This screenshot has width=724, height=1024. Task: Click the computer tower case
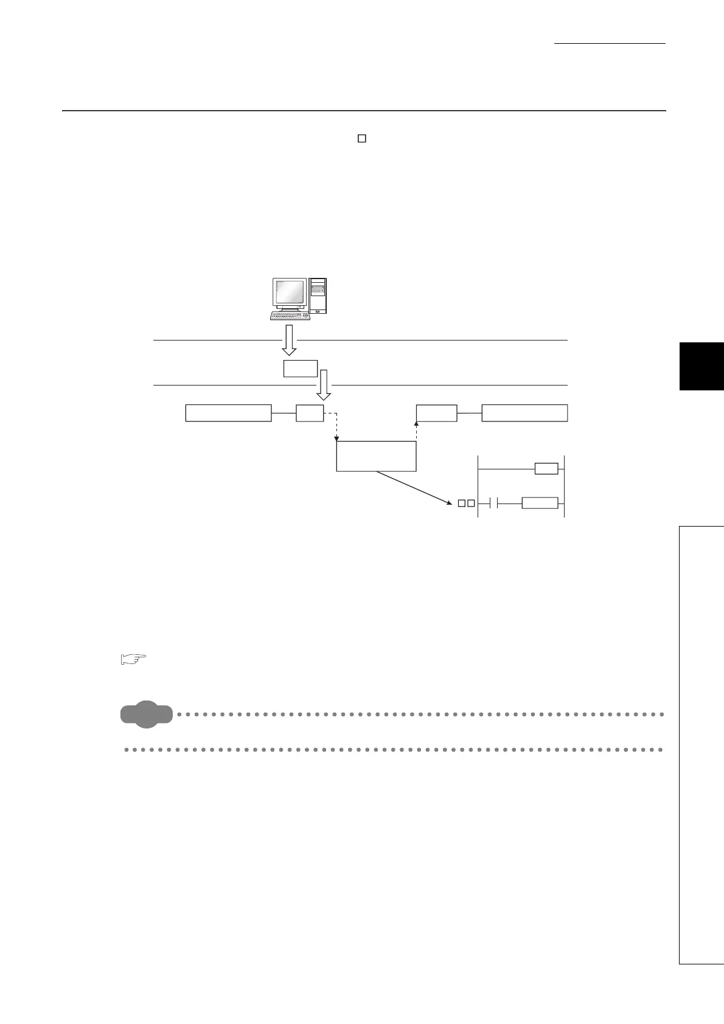click(318, 296)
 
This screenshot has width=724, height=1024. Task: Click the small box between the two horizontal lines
click(301, 368)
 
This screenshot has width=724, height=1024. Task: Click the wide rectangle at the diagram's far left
click(228, 413)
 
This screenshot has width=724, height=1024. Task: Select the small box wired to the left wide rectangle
click(310, 413)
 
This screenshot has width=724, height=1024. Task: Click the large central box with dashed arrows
click(376, 456)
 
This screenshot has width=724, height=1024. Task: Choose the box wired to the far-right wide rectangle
click(436, 413)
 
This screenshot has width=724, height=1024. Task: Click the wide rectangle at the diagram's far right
click(524, 413)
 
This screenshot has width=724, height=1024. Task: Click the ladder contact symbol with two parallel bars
click(494, 503)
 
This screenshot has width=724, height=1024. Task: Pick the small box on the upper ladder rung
click(546, 469)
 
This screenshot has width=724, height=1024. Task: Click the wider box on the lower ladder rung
click(540, 503)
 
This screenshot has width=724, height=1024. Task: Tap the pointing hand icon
click(134, 659)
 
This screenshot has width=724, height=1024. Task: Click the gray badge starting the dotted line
click(147, 713)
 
